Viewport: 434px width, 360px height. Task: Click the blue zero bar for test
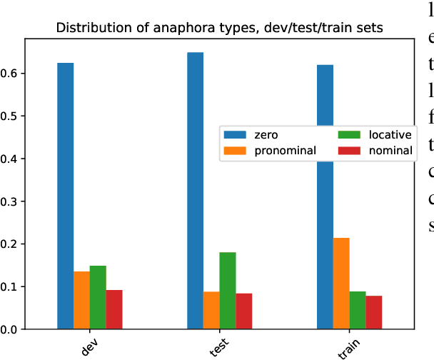point(195,190)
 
